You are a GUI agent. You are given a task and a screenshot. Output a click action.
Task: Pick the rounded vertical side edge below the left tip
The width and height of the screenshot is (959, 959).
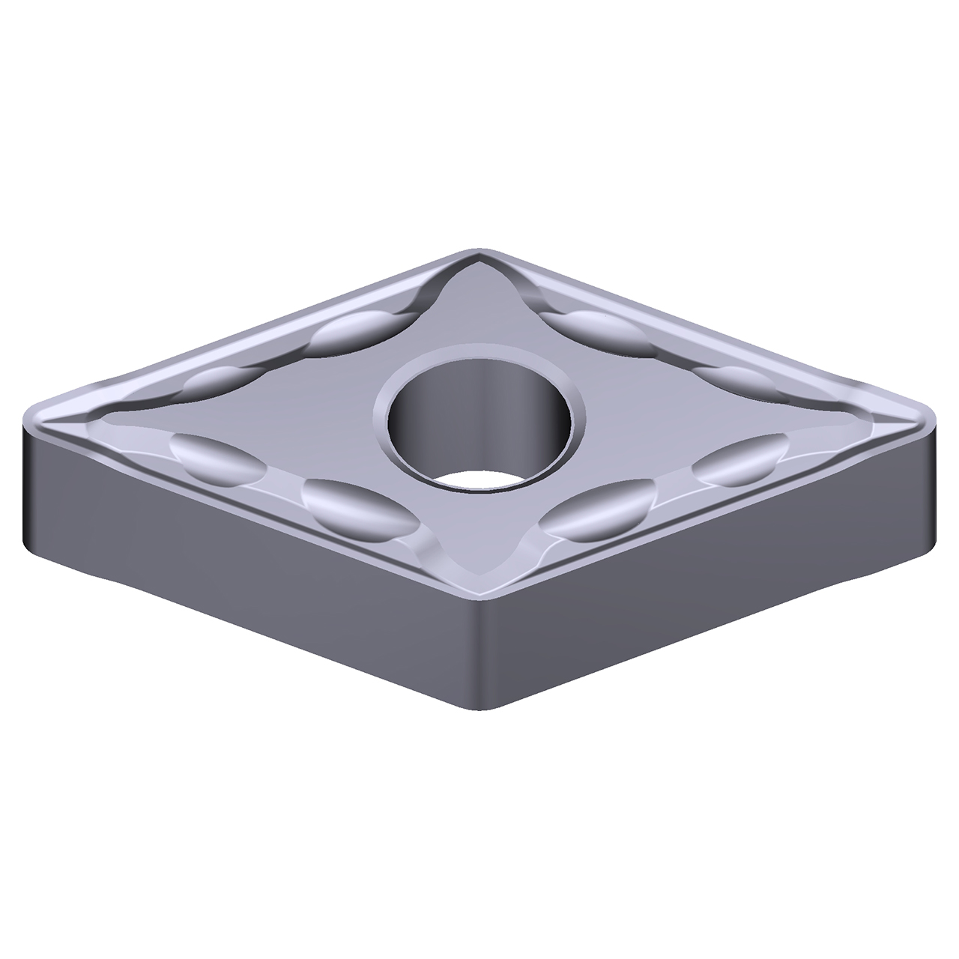(30, 487)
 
